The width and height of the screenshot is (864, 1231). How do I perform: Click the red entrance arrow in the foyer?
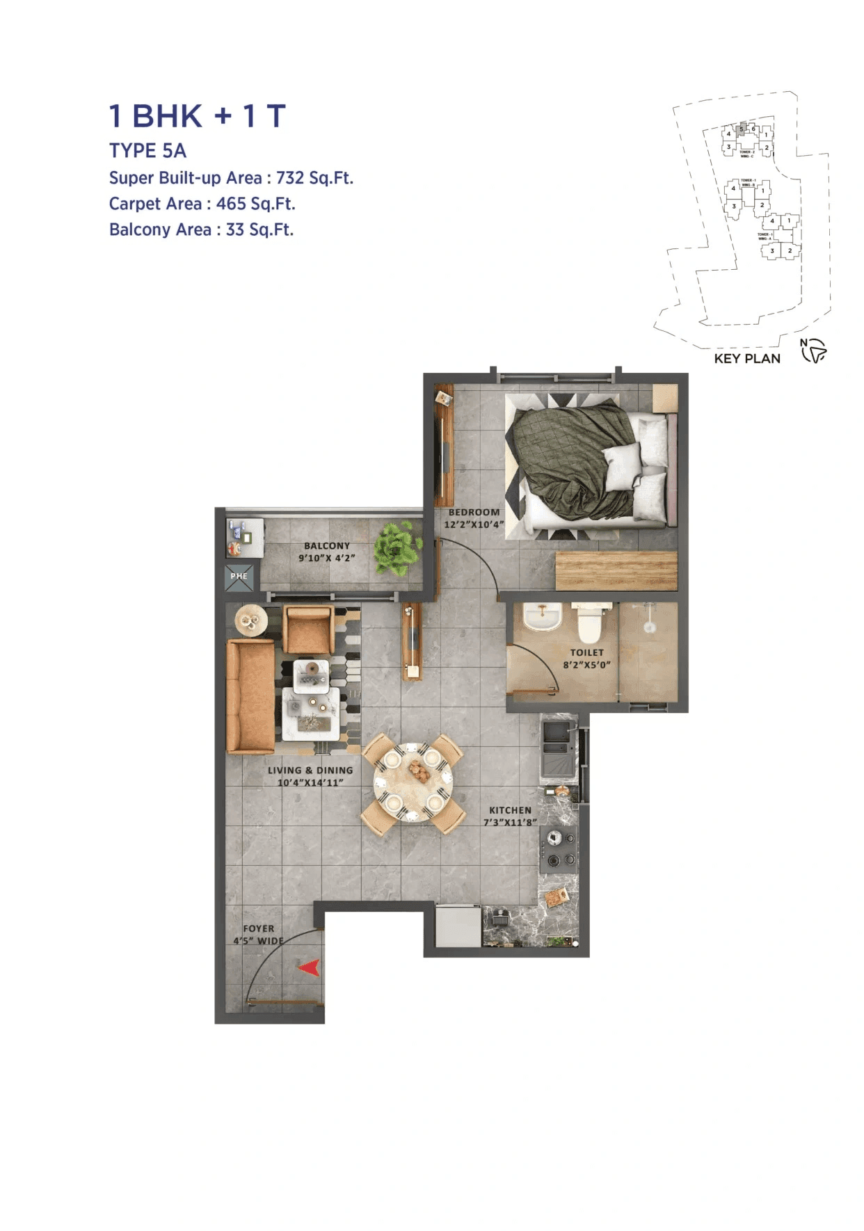[x=309, y=967]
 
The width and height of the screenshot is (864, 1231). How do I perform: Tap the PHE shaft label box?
[x=239, y=577]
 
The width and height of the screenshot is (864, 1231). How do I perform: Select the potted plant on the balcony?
[x=397, y=549]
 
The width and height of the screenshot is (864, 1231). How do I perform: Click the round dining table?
[x=413, y=782]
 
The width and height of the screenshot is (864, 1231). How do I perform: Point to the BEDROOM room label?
[x=474, y=512]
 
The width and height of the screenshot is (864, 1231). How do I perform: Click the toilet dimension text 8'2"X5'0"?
[x=586, y=665]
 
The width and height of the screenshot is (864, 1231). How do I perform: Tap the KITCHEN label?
[x=510, y=810]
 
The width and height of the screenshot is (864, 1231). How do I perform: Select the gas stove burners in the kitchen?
[x=559, y=849]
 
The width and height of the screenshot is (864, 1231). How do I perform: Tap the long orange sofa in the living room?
[x=250, y=697]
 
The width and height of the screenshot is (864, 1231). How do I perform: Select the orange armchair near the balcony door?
[x=308, y=629]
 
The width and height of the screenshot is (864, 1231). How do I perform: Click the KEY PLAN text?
[x=747, y=359]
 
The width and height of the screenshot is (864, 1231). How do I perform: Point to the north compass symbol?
[x=813, y=351]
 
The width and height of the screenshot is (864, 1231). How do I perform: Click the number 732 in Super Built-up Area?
[x=290, y=178]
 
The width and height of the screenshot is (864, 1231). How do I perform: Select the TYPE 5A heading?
[x=147, y=151]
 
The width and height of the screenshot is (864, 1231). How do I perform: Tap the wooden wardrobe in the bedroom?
[x=616, y=571]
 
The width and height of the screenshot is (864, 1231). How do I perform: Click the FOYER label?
[x=259, y=928]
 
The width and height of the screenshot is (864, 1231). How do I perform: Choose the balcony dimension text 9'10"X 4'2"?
[x=327, y=558]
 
